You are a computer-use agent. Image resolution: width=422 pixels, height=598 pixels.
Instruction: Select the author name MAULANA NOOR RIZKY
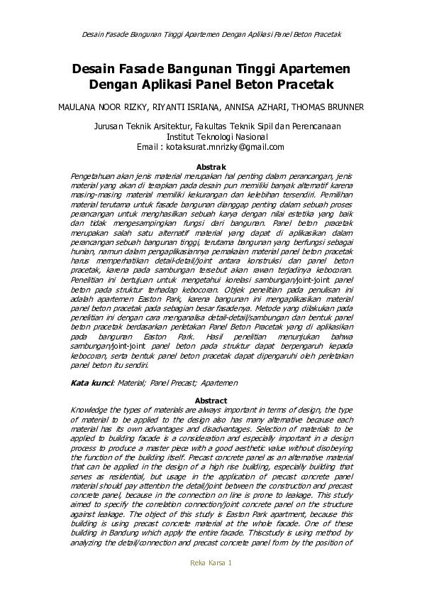coord(96,107)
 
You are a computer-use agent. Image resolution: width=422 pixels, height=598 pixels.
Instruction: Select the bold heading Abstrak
coord(211,167)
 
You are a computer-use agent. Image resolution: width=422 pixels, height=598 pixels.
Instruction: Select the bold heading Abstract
coord(211,401)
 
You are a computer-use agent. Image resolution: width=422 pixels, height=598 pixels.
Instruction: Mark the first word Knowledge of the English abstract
coord(91,410)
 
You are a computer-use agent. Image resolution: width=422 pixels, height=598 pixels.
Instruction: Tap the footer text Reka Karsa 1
coord(211,562)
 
